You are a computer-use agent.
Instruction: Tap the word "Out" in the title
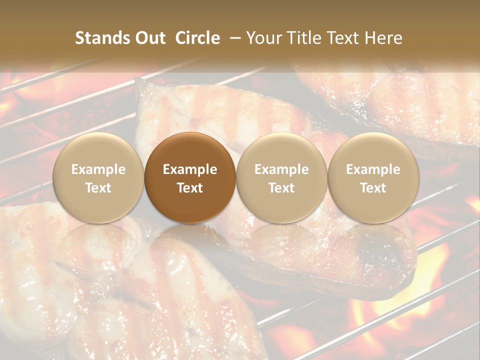click(149, 38)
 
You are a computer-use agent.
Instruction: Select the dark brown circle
click(190, 178)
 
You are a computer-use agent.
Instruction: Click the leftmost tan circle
click(98, 178)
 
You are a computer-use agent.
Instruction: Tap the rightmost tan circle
click(373, 178)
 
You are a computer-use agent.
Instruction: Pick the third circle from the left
click(281, 178)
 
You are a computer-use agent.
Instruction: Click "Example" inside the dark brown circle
click(190, 169)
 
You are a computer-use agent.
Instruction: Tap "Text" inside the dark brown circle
click(190, 188)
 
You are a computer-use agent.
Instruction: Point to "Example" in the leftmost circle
click(98, 169)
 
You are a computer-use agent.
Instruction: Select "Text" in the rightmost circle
click(373, 188)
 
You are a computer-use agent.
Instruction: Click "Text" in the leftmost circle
click(98, 188)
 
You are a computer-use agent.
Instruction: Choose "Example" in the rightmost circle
click(373, 169)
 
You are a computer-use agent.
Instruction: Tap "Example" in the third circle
click(281, 169)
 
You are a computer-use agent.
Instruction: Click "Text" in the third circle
click(281, 188)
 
